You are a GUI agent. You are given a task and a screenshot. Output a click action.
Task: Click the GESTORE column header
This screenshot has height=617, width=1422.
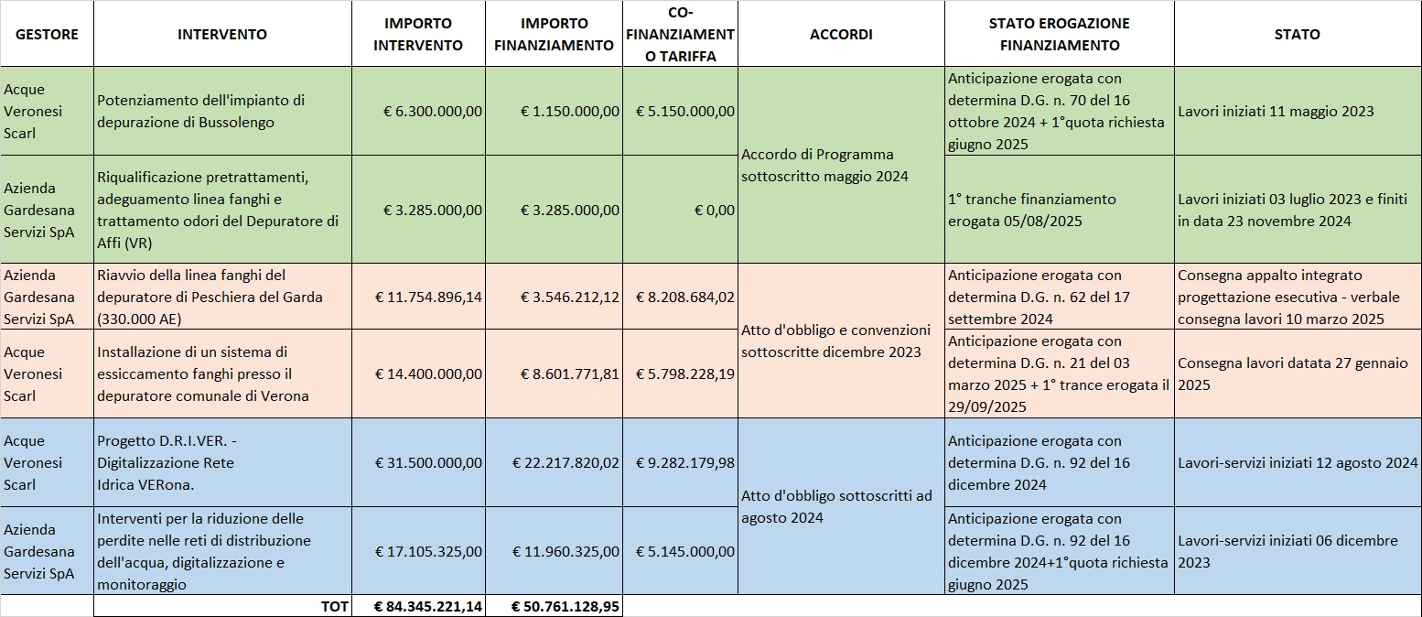(x=47, y=34)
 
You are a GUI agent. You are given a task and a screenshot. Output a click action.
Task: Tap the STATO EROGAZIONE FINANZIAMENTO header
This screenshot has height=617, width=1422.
(x=1059, y=34)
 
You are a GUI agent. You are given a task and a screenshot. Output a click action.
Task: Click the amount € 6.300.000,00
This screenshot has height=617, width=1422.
(x=433, y=111)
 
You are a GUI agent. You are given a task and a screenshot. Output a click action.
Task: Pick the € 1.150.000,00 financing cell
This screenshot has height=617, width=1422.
(x=570, y=111)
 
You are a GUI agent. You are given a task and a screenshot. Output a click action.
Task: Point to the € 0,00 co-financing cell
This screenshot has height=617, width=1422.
(x=714, y=210)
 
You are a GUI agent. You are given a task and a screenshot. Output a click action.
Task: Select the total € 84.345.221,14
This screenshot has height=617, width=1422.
(x=429, y=606)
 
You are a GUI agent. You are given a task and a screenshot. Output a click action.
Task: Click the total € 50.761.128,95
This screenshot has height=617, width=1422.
(x=566, y=606)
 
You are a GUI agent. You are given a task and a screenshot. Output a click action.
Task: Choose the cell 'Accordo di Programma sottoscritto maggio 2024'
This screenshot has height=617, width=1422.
(x=817, y=165)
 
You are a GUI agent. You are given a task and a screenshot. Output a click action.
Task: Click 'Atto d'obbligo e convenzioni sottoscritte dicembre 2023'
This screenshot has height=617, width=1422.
(x=835, y=341)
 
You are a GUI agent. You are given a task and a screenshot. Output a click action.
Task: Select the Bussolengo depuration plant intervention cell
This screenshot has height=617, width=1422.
(x=201, y=111)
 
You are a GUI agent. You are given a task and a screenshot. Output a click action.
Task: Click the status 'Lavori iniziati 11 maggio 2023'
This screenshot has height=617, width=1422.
(x=1276, y=111)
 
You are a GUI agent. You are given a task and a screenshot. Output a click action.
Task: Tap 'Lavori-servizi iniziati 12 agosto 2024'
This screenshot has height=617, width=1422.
(x=1298, y=462)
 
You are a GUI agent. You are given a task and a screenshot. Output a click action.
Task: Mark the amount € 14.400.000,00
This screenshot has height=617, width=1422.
(x=429, y=373)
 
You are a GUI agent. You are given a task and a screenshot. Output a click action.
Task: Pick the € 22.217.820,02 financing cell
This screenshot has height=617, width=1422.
(x=566, y=462)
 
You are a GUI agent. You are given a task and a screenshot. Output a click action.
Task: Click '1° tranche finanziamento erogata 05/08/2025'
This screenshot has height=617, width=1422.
(x=1032, y=210)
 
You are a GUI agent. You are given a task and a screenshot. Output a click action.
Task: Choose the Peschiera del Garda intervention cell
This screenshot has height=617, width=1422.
(x=210, y=297)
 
